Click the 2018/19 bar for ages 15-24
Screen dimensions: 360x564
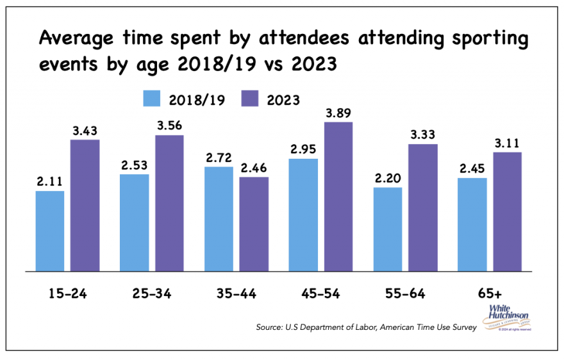tap(50, 231)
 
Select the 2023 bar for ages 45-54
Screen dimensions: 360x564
tap(338, 196)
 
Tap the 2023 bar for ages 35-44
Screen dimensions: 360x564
tap(254, 224)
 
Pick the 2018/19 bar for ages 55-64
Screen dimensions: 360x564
tap(388, 229)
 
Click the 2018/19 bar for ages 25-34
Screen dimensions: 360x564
tap(135, 222)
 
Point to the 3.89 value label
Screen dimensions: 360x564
tap(338, 113)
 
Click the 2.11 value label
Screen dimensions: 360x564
tap(50, 182)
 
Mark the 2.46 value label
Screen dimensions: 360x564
tap(254, 168)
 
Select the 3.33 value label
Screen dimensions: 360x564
tap(423, 135)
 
